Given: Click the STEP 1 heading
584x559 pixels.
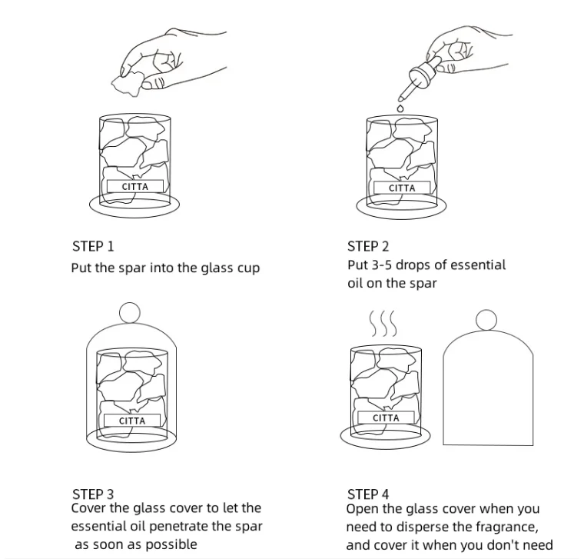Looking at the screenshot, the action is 92,247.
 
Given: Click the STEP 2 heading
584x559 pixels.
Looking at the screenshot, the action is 368,247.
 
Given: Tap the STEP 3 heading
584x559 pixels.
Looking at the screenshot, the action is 93,494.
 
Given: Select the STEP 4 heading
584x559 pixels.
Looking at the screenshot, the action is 368,494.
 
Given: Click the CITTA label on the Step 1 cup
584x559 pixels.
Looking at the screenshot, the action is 135,186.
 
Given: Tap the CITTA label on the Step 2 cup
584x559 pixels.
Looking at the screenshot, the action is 402,188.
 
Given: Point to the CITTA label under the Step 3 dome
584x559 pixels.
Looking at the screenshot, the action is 132,421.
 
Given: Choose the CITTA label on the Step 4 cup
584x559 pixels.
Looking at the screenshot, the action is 386,418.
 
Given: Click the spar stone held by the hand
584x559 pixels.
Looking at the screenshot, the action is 128,79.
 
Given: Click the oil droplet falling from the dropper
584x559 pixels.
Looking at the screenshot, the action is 400,109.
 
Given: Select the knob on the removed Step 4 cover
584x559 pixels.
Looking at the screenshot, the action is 486,319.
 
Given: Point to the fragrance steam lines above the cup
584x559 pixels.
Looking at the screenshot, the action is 383,324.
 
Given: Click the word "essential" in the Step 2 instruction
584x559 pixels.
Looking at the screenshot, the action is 478,265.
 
